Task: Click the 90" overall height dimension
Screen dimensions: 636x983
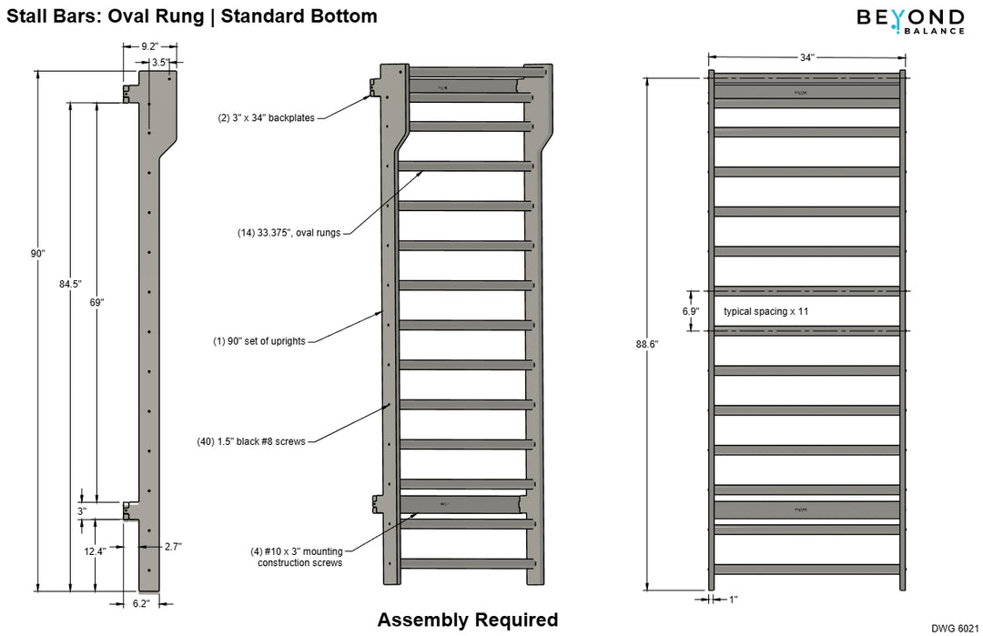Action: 37,254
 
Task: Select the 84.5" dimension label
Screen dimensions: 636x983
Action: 69,284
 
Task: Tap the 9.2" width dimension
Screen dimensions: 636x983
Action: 152,45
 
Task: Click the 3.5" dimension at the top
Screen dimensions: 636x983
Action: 159,63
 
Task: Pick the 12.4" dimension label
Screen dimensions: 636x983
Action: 94,551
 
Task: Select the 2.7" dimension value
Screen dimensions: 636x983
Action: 173,547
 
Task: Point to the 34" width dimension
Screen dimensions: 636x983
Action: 806,57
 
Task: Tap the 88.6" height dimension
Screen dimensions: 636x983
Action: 647,344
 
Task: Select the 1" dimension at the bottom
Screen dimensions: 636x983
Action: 733,600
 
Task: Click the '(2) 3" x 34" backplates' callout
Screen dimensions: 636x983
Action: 266,117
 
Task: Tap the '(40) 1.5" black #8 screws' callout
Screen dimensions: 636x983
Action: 251,441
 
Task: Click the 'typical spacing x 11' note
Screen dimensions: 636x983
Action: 765,311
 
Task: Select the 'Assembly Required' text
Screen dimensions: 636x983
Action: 467,621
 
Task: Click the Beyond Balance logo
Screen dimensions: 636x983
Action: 909,21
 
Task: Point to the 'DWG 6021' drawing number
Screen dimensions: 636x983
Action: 955,628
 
